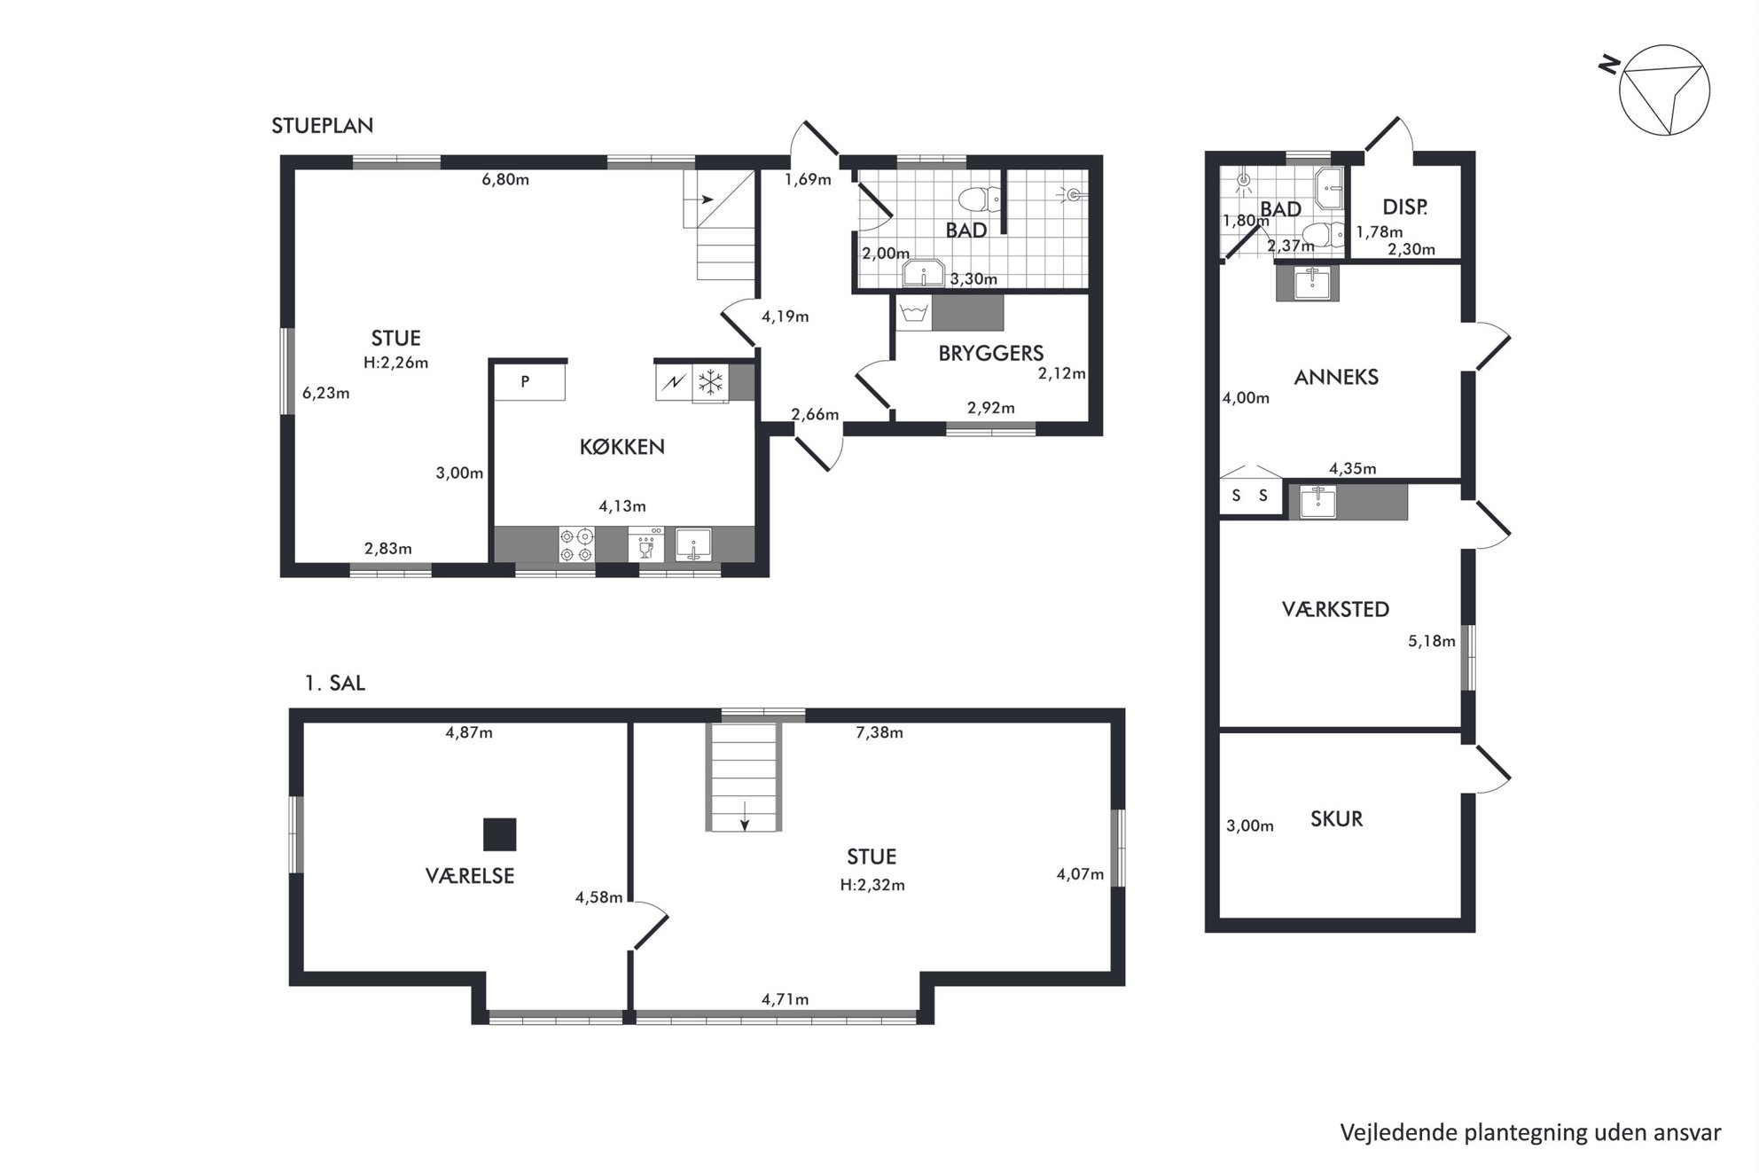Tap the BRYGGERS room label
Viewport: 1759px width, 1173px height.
click(990, 353)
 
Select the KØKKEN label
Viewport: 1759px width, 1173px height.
click(622, 447)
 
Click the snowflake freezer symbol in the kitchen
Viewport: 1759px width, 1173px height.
click(710, 383)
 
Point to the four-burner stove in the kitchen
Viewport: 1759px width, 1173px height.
click(576, 545)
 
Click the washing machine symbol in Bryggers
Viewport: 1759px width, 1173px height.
click(913, 313)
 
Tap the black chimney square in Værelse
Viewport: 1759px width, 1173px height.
click(499, 834)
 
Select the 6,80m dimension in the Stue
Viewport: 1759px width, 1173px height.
click(505, 180)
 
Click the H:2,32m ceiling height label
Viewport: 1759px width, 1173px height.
click(872, 885)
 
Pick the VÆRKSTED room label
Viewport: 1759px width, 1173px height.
click(1335, 609)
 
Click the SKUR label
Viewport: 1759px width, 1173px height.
click(1336, 818)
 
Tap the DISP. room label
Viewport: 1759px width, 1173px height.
click(1405, 207)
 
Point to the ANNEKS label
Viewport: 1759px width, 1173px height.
click(1336, 377)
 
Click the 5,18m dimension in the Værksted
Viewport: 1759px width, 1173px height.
click(1432, 641)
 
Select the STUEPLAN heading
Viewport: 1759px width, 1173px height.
click(322, 126)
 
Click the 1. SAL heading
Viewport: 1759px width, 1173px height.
click(335, 684)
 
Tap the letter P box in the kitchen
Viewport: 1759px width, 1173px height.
click(529, 382)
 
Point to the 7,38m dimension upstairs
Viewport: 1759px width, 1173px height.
click(879, 732)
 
